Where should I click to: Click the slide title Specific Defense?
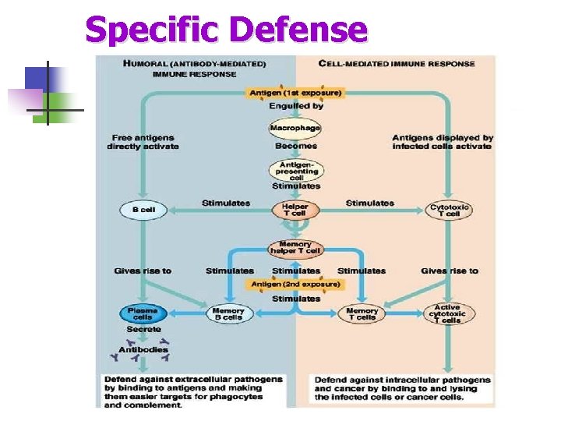[x=226, y=30]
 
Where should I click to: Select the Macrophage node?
[x=295, y=129]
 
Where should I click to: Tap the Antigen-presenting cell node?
[x=295, y=171]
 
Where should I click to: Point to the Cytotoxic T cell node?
[x=450, y=210]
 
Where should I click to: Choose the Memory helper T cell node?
[x=295, y=247]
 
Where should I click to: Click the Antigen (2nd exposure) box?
[x=296, y=285]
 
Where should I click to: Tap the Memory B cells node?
[x=228, y=314]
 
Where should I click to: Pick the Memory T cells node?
[x=362, y=314]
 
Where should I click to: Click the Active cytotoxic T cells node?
[x=449, y=313]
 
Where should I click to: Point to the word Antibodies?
[x=143, y=349]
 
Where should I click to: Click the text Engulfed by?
[x=295, y=106]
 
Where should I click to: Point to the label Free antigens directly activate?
[x=143, y=143]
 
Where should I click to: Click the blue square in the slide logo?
[x=36, y=79]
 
